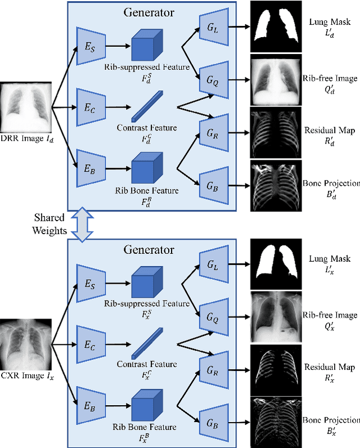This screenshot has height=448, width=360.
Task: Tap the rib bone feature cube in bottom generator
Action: tap(147, 400)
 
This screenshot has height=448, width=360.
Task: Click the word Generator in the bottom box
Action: tap(150, 249)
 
